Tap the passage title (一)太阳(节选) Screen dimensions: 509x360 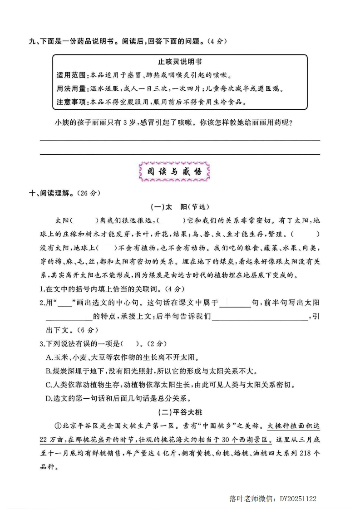click(180, 207)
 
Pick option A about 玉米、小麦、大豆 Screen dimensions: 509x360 click(123, 357)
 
